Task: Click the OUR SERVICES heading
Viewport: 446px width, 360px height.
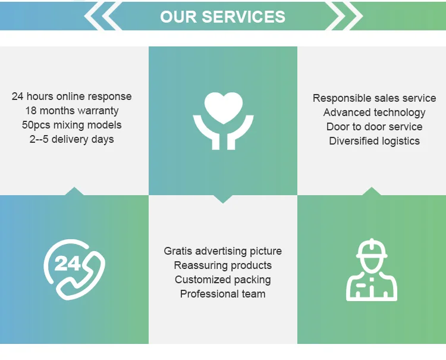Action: [222, 16]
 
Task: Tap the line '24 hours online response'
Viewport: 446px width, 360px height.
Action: [72, 96]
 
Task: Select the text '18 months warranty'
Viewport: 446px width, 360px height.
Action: [72, 111]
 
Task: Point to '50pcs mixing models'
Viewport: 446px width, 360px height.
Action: [72, 125]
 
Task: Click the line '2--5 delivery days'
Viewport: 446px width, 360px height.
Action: [72, 139]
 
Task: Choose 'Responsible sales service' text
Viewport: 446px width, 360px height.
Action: [374, 98]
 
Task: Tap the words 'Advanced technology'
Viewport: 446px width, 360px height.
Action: [374, 112]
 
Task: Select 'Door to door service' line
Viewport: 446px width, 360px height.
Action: [374, 127]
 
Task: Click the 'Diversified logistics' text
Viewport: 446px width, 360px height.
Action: [374, 141]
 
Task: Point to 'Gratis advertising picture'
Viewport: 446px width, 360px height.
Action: [222, 251]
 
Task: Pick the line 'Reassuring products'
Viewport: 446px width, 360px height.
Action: [222, 265]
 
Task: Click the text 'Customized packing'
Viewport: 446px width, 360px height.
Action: [222, 280]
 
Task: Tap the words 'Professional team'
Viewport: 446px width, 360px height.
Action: [222, 294]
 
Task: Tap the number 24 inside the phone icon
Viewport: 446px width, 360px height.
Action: [67, 264]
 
